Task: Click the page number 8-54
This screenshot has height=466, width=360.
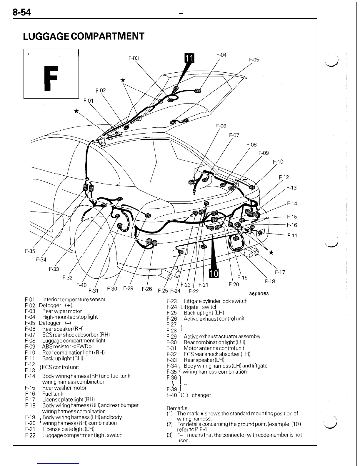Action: pyautogui.click(x=21, y=13)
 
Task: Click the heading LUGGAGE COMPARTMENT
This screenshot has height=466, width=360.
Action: pyautogui.click(x=84, y=36)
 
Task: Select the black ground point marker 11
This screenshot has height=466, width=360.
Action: pyautogui.click(x=189, y=59)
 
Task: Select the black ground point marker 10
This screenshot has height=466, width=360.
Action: pyautogui.click(x=214, y=274)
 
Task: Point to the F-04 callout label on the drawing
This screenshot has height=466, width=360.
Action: pyautogui.click(x=221, y=55)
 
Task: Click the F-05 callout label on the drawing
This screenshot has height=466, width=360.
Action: pyautogui.click(x=254, y=60)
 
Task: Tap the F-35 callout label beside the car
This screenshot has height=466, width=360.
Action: pyautogui.click(x=30, y=251)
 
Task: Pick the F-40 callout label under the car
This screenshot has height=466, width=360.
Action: pyautogui.click(x=81, y=285)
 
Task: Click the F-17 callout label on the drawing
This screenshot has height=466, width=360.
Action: pyautogui.click(x=280, y=272)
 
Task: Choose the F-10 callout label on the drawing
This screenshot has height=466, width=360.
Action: pyautogui.click(x=278, y=162)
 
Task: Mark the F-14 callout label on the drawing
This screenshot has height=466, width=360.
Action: pyautogui.click(x=292, y=203)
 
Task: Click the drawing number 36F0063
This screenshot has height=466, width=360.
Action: pyautogui.click(x=259, y=294)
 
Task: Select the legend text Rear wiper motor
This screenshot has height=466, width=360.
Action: pyautogui.click(x=62, y=311)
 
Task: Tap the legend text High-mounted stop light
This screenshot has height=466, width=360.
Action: pyautogui.click(x=70, y=317)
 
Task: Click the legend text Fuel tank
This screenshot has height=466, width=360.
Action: pyautogui.click(x=53, y=394)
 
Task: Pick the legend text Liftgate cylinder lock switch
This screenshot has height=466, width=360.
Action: pyautogui.click(x=215, y=301)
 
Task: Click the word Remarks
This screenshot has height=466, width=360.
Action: pyautogui.click(x=177, y=408)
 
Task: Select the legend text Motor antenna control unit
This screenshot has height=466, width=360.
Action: pyautogui.click(x=214, y=348)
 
